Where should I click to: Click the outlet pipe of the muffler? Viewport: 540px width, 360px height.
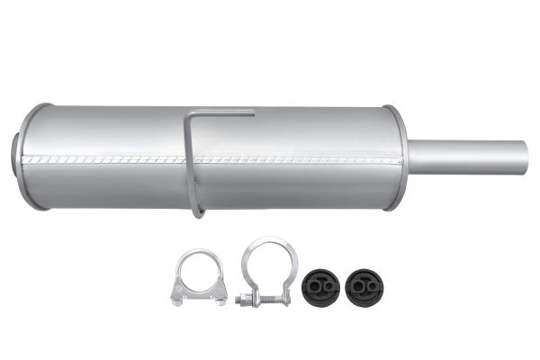click(468, 157)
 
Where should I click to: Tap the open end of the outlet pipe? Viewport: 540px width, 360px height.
click(525, 157)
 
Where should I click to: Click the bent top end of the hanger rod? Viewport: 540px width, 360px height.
click(225, 113)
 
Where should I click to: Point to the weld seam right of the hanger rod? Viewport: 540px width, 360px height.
click(297, 160)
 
